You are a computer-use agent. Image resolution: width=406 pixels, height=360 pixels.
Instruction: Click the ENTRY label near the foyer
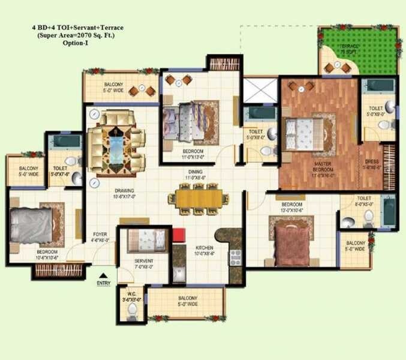[103, 283]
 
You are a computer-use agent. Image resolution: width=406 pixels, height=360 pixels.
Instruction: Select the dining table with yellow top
[199, 198]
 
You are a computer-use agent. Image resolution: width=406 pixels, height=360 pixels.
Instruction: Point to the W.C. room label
[132, 296]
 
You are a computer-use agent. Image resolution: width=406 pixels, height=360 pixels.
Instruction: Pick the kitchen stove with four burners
[234, 257]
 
